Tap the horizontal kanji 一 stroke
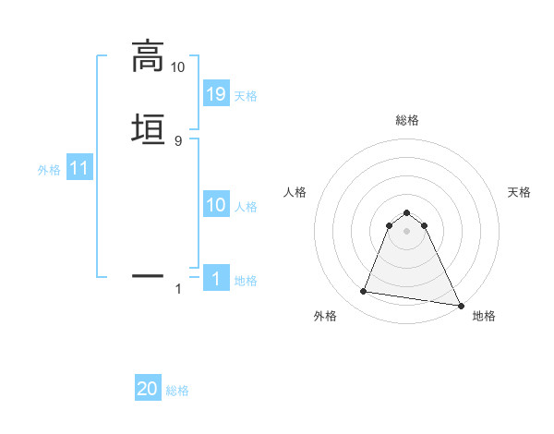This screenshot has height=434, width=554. (x=147, y=275)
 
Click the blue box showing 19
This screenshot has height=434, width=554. (x=216, y=93)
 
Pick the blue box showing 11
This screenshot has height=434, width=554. (x=79, y=168)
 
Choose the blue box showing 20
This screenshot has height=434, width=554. (x=148, y=389)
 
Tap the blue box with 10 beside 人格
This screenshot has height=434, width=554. (x=216, y=205)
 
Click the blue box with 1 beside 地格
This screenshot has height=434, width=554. (x=216, y=279)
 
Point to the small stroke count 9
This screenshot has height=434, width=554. (x=177, y=140)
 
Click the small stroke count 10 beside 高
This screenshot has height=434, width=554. (x=177, y=67)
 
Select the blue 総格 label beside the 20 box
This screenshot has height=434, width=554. (x=177, y=391)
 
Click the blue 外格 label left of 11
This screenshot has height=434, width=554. (x=49, y=170)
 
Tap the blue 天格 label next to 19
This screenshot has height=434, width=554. (x=246, y=95)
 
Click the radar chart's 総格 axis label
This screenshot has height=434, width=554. (x=407, y=120)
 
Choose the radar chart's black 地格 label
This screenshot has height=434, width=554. (x=484, y=316)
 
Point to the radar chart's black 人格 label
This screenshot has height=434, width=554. (x=295, y=192)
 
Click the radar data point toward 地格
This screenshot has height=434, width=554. (x=460, y=304)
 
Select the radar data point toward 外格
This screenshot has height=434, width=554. (x=363, y=292)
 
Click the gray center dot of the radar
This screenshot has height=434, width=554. (x=407, y=231)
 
